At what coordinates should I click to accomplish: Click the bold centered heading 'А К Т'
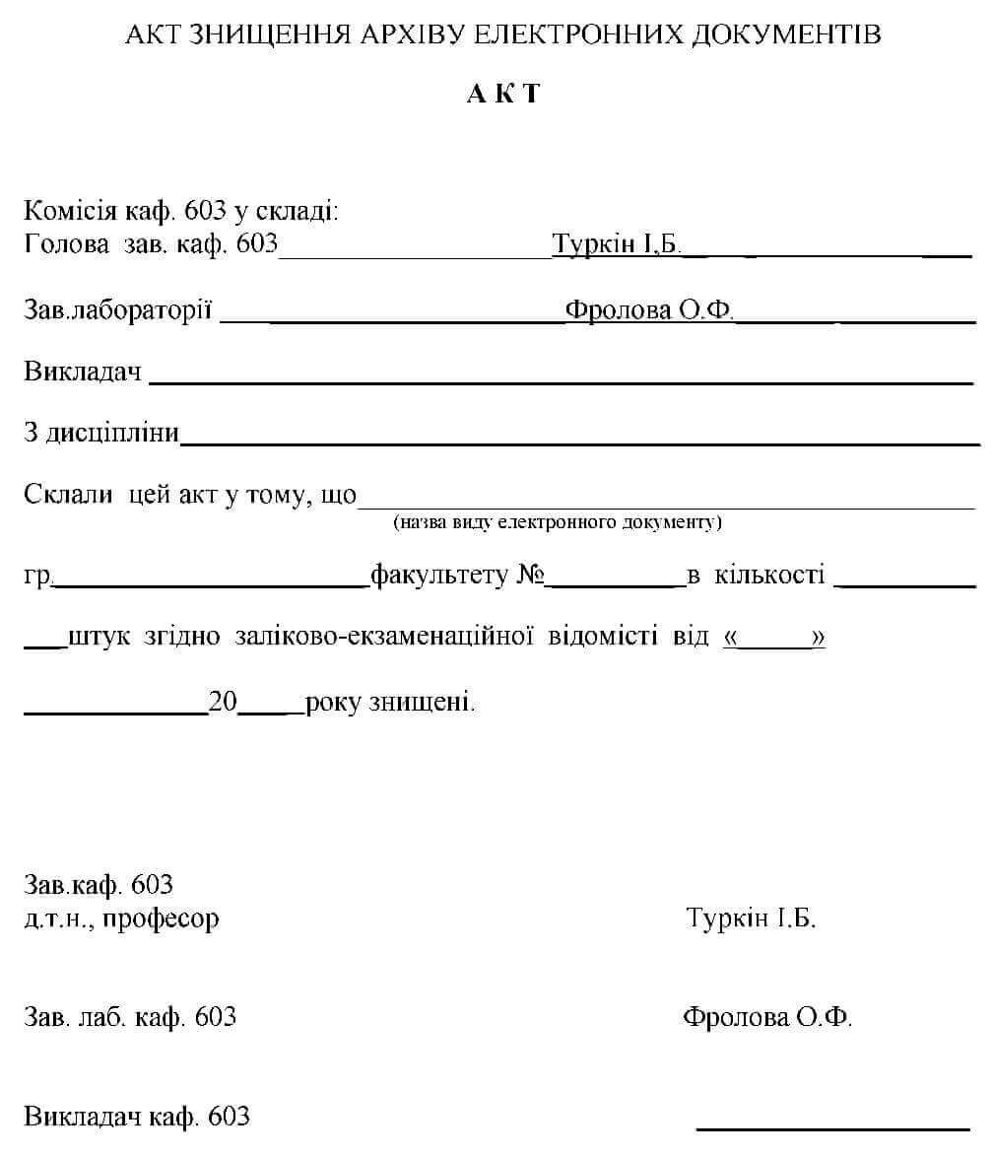(503, 94)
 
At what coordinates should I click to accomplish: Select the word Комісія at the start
(72, 211)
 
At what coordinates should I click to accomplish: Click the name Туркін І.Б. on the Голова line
(617, 244)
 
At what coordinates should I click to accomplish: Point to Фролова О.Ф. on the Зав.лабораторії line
(650, 310)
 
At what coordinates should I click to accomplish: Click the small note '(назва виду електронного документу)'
(558, 522)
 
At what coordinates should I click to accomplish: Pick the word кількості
(769, 575)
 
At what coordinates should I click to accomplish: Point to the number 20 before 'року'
(224, 704)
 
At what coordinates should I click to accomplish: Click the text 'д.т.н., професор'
(121, 919)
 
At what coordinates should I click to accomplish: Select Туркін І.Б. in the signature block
(751, 918)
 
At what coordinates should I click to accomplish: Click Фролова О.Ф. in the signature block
(767, 1017)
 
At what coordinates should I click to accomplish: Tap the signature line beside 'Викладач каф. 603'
(832, 1126)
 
